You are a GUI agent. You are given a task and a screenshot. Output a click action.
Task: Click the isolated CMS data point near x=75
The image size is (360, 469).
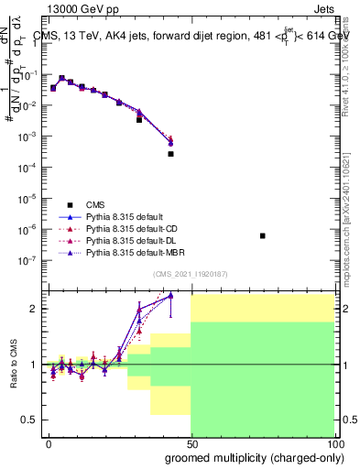point(263,236)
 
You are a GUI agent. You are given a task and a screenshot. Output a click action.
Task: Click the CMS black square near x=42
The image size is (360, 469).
point(170,154)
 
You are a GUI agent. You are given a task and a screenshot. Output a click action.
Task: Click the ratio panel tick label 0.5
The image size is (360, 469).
point(28,420)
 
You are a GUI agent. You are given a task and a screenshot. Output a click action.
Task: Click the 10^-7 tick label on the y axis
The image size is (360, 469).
point(27,260)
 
